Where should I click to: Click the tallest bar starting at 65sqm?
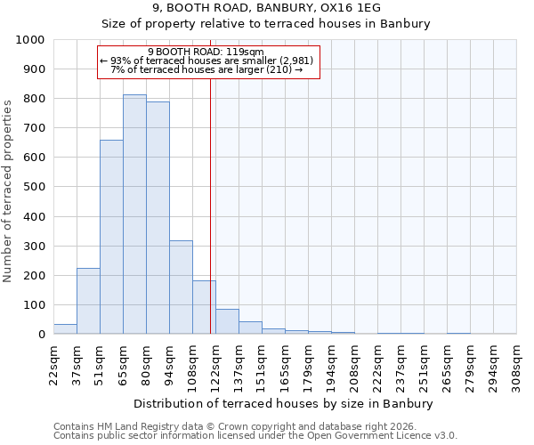(x=134, y=214)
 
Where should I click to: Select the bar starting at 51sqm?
(x=111, y=237)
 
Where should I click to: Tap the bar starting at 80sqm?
(x=158, y=217)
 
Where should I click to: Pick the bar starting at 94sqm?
(x=181, y=287)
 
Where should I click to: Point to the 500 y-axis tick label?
(x=34, y=187)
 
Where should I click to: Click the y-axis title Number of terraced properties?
(x=9, y=190)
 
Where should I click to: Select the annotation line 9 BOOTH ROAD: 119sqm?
(x=206, y=53)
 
